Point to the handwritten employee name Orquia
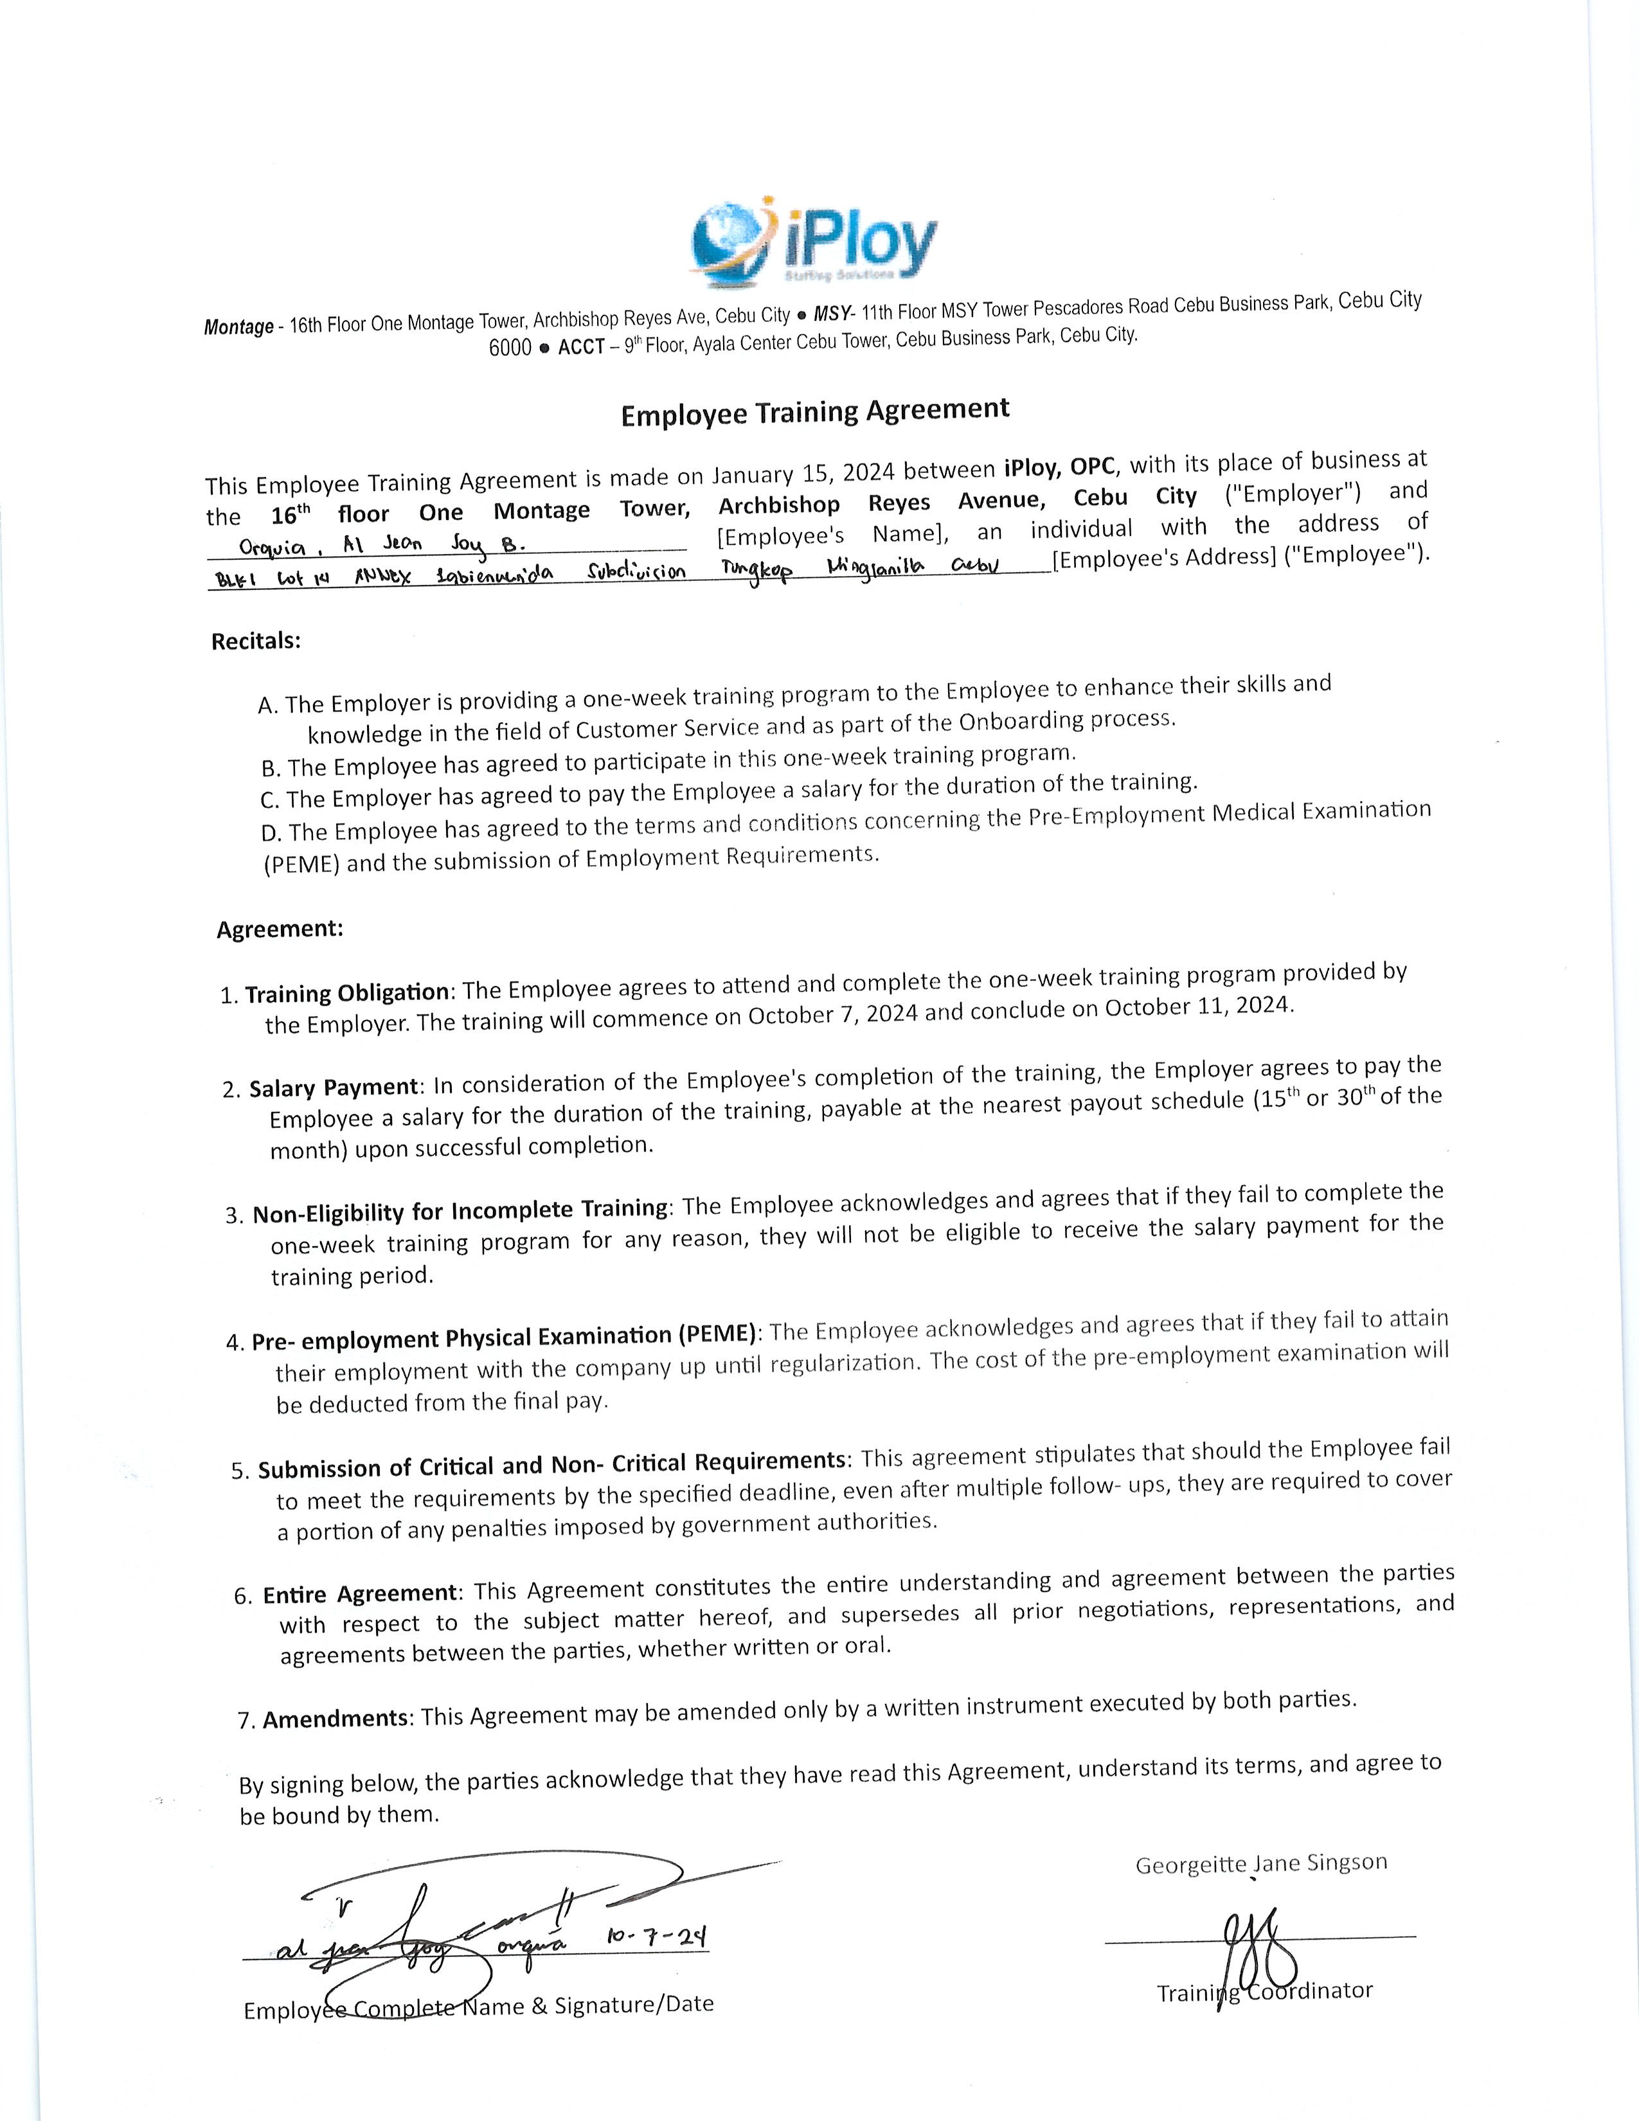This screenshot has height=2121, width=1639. tap(272, 548)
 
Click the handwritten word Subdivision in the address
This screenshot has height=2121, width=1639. tap(636, 572)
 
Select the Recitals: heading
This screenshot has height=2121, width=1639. tap(255, 641)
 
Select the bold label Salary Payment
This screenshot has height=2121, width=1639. tap(334, 1087)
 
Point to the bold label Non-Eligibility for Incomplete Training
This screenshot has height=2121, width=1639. tap(460, 1211)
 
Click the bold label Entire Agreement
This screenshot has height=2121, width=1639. tap(359, 1594)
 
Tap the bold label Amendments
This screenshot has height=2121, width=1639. tap(335, 1719)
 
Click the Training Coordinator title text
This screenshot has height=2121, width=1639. tap(1264, 1992)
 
